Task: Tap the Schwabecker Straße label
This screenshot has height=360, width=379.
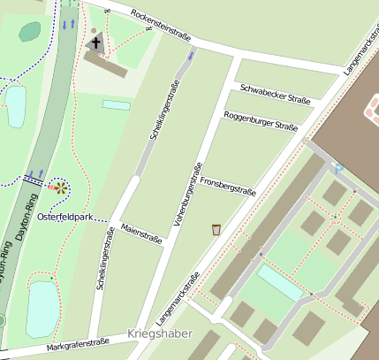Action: point(275,95)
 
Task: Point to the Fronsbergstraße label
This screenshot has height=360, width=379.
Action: point(228,185)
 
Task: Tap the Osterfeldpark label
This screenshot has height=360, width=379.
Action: point(66,217)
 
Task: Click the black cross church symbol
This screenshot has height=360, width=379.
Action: point(95,42)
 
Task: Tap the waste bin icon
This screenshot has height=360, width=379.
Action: point(216,230)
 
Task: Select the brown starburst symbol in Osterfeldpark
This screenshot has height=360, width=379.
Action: point(59,187)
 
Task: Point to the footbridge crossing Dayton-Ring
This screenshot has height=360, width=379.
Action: point(33,180)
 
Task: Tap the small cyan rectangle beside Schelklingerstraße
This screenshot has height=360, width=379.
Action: point(116,104)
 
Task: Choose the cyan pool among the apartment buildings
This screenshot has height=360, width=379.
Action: point(280,283)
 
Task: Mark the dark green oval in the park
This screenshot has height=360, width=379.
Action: point(30,32)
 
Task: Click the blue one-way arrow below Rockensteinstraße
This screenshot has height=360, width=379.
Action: point(192,57)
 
